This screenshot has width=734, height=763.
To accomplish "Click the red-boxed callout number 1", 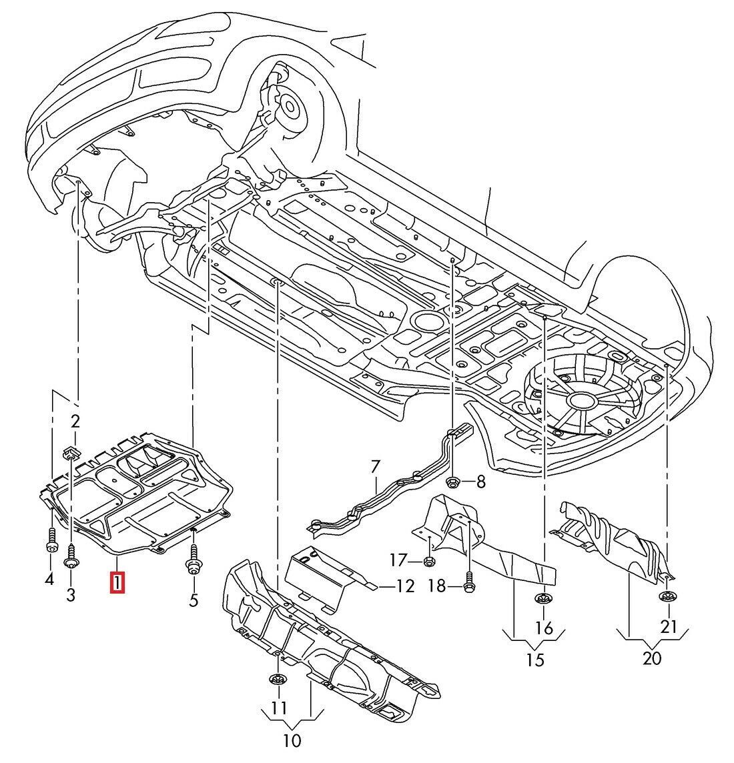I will point(117,582).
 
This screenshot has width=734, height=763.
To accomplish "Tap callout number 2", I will point(75,421).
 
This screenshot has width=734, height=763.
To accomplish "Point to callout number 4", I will point(49,580).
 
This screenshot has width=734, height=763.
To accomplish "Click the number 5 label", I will point(194,600).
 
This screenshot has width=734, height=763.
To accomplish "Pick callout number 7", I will point(375,466).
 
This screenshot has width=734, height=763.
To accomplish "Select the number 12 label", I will point(404,586).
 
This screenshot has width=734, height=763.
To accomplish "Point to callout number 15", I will point(535,660).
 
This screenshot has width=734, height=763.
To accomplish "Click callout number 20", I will point(652,658).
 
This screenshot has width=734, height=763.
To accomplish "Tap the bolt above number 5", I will point(194,560).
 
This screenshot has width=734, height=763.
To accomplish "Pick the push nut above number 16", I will point(542,600).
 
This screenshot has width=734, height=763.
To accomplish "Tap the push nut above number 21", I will point(667,596).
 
